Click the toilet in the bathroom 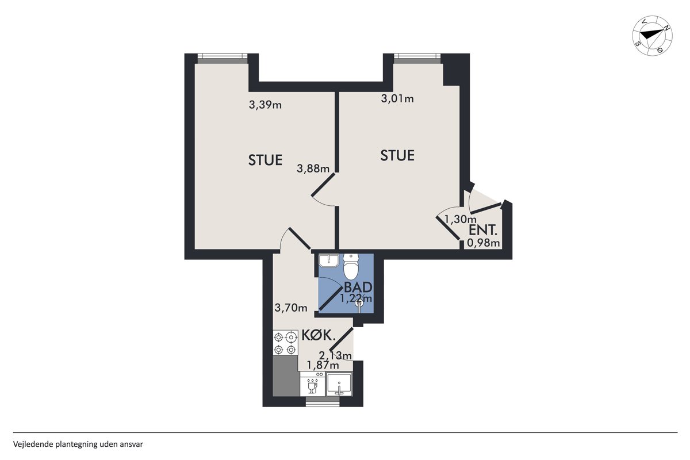351,266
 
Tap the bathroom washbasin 328,260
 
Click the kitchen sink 339,384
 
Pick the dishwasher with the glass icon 312,384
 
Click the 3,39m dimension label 265,105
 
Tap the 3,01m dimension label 397,98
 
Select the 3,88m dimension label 313,168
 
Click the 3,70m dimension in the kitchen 291,308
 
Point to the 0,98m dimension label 484,243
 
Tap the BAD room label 358,287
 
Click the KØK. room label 318,335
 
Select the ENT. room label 483,230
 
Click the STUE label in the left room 265,160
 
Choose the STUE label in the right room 397,156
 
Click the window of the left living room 223,59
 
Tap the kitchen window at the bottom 323,401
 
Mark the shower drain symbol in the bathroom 359,303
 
